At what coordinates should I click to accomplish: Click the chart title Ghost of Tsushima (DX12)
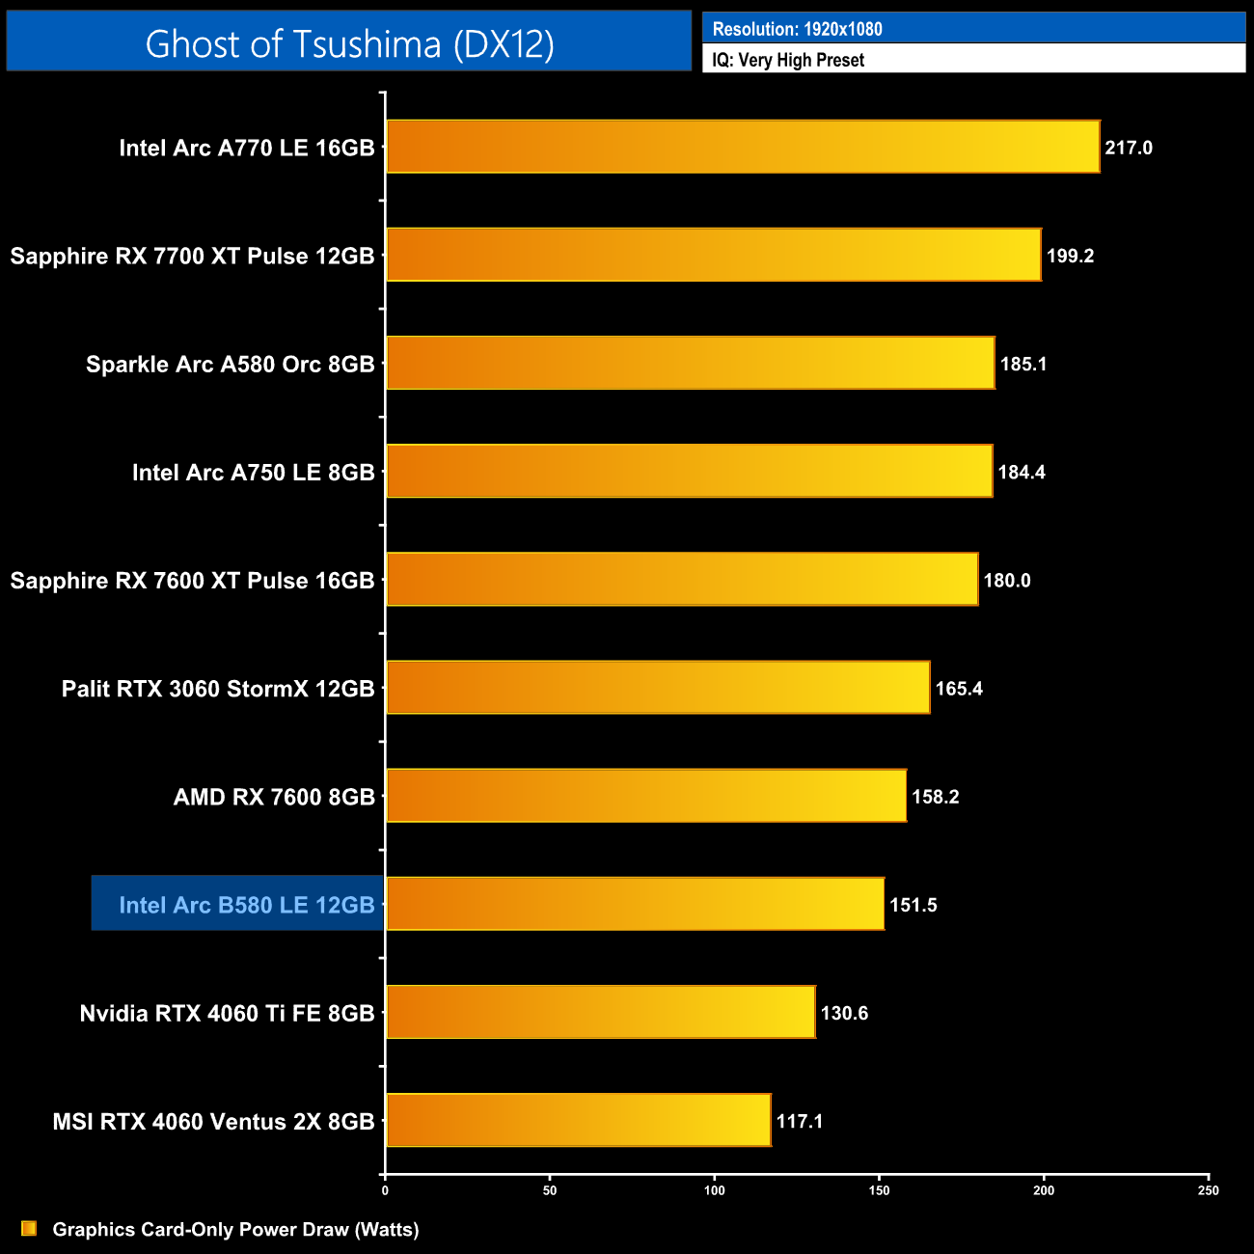[x=349, y=43]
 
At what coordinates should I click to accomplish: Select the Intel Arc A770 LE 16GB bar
[x=743, y=147]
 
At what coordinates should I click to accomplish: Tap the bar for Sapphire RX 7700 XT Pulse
[x=714, y=255]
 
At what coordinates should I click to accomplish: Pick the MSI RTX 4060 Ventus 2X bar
[x=579, y=1120]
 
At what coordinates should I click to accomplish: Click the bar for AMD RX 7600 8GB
[x=646, y=796]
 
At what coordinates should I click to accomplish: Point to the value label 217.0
[x=1129, y=148]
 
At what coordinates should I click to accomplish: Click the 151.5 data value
[x=913, y=905]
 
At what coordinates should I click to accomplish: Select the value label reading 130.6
[x=844, y=1013]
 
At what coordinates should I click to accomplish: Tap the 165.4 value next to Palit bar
[x=959, y=689]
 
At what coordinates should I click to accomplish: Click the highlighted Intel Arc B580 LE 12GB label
[x=246, y=905]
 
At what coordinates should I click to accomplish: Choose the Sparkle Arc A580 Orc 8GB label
[x=230, y=365]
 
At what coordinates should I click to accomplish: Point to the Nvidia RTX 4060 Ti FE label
[x=227, y=1013]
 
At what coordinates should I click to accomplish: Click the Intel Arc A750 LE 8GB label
[x=253, y=473]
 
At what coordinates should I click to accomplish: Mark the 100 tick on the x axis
[x=715, y=1190]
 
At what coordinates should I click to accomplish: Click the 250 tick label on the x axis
[x=1209, y=1190]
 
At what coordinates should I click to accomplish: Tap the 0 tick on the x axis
[x=385, y=1190]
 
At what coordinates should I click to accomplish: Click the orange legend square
[x=29, y=1228]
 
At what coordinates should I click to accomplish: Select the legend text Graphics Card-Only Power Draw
[x=235, y=1229]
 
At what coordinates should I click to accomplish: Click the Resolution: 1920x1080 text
[x=797, y=29]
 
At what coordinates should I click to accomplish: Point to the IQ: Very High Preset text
[x=788, y=60]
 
